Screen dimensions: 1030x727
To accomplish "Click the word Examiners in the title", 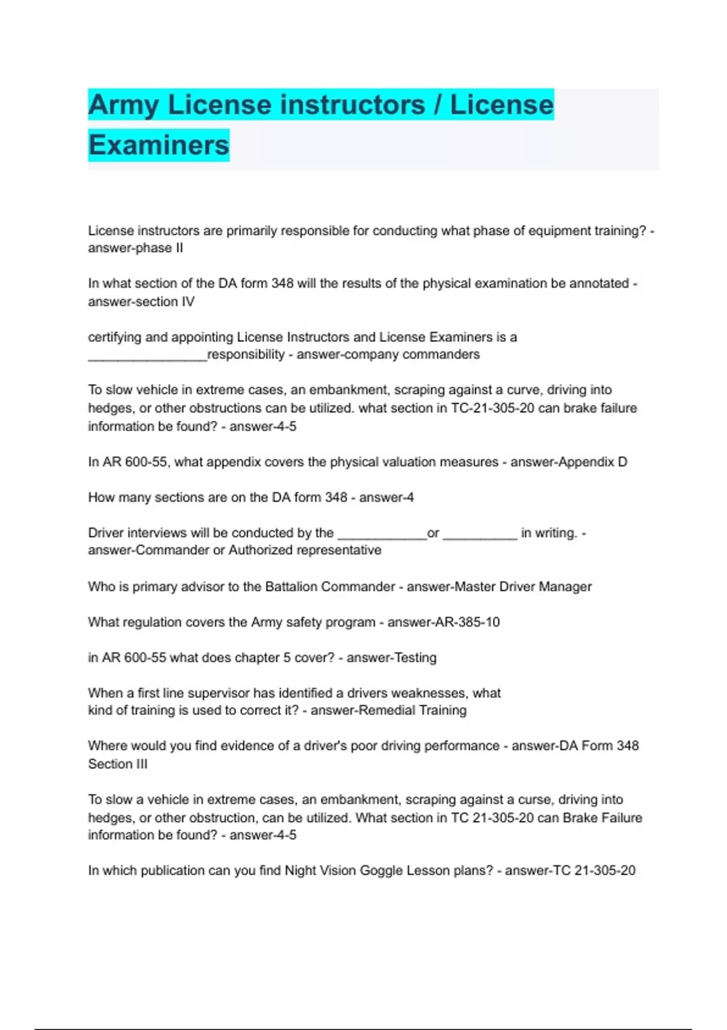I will pyautogui.click(x=159, y=145).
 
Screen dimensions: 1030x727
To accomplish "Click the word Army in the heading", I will pyautogui.click(x=124, y=105).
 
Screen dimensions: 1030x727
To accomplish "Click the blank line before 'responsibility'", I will pyautogui.click(x=147, y=357).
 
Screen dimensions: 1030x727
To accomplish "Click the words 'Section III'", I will pyautogui.click(x=118, y=764).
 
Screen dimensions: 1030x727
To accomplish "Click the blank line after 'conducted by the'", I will pyautogui.click(x=382, y=536).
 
